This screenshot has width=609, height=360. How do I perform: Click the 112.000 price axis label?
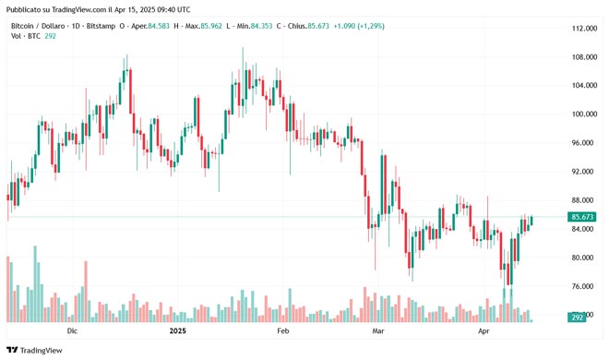click(582, 29)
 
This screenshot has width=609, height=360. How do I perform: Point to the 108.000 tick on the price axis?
click(582, 57)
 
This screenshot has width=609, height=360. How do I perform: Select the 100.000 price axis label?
click(582, 114)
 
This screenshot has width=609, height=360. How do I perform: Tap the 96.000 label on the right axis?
click(582, 143)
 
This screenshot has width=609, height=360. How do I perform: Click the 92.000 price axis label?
click(582, 172)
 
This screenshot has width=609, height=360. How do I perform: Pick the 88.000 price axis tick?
click(582, 200)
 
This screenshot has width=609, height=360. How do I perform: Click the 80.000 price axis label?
click(582, 258)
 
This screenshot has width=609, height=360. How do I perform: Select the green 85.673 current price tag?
click(583, 217)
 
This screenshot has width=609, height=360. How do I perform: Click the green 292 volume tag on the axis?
click(578, 317)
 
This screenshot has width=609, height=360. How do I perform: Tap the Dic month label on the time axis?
click(73, 330)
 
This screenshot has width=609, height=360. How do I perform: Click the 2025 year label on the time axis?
click(177, 330)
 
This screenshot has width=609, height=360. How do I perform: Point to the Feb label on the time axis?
click(283, 330)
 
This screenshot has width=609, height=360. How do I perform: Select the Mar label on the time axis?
click(377, 330)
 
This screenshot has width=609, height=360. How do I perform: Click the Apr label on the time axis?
click(483, 330)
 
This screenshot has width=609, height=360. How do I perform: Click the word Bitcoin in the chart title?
click(24, 26)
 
